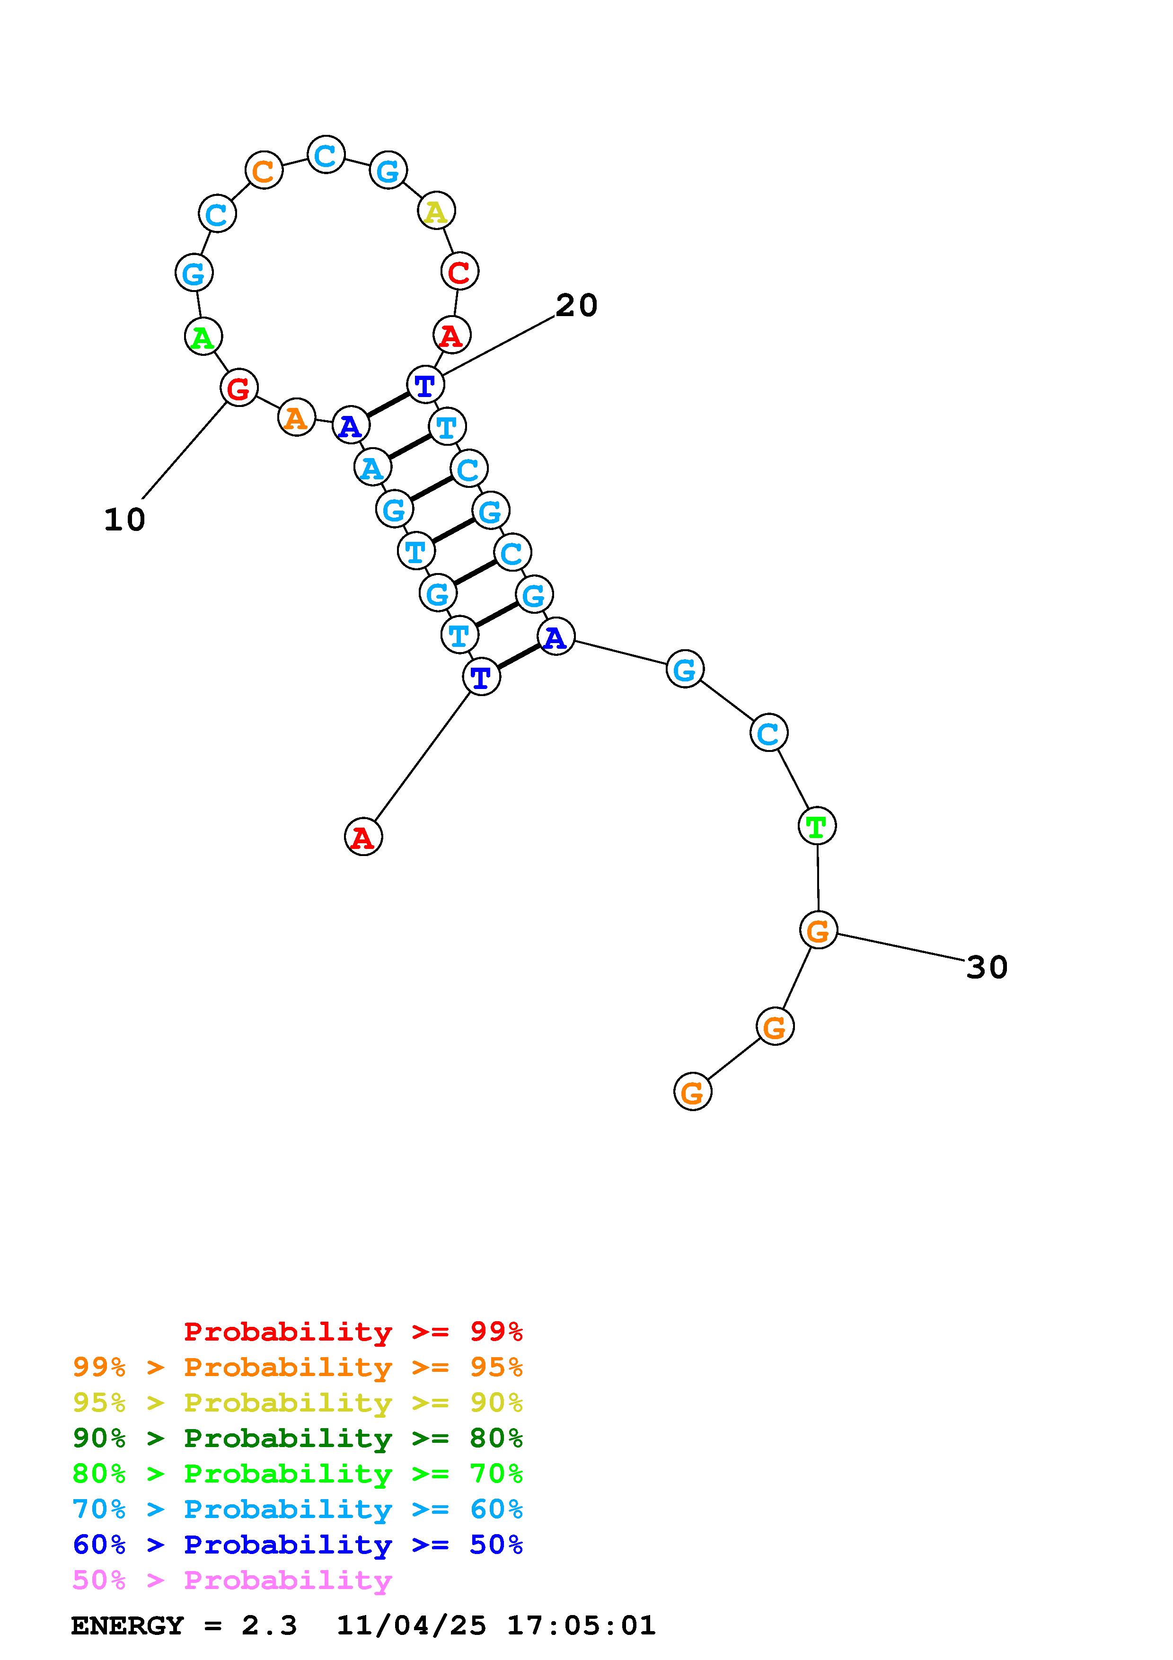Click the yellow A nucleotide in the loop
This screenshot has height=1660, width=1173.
(x=436, y=211)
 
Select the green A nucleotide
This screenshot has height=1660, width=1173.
(x=203, y=337)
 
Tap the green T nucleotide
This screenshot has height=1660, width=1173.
(x=817, y=826)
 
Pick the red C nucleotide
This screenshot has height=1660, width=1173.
(x=459, y=272)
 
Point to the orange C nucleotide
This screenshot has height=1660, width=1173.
(x=264, y=171)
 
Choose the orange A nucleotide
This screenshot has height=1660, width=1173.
(x=296, y=417)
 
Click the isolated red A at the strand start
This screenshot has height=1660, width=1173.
(x=363, y=837)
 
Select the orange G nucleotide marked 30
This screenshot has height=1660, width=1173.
(x=818, y=930)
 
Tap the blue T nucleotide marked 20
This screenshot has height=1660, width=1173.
(x=425, y=385)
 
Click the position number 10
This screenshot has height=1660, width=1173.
(x=124, y=520)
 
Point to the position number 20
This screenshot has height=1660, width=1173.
(x=576, y=305)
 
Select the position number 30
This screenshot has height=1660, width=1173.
(x=987, y=967)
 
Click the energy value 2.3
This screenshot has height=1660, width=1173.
(x=269, y=1625)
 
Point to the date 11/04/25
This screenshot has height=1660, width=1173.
(x=411, y=1625)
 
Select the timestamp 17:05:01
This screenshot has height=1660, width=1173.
(x=581, y=1625)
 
